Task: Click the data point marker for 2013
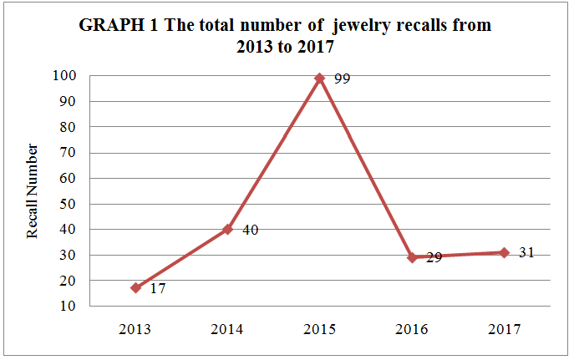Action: [135, 287]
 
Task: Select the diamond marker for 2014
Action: [227, 229]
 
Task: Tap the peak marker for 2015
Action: [319, 78]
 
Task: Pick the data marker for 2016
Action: [412, 257]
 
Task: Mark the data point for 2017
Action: [504, 252]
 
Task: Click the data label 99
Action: [343, 79]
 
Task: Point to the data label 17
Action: [159, 289]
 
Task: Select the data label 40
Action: [250, 230]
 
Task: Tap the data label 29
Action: [434, 259]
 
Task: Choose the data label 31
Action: [526, 252]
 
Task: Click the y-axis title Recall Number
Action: [33, 191]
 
